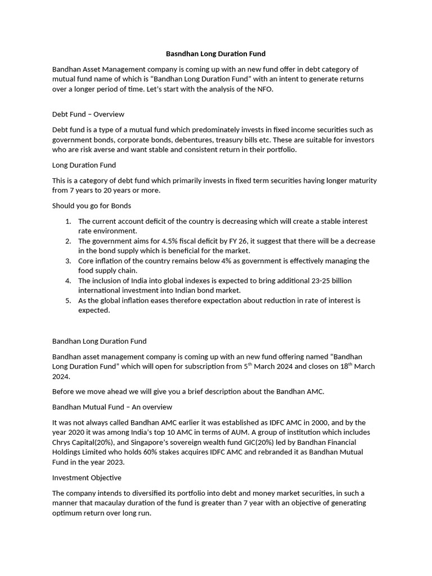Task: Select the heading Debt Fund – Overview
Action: (88, 114)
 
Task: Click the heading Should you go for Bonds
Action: (91, 205)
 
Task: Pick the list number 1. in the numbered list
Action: (68, 221)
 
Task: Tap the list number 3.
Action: (68, 261)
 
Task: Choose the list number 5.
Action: (68, 300)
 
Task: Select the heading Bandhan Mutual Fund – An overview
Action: (112, 407)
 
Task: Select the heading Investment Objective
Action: (87, 478)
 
